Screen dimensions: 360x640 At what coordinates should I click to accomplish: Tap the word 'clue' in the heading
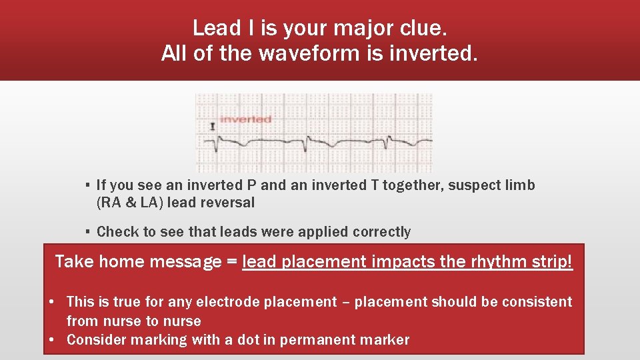[421, 28]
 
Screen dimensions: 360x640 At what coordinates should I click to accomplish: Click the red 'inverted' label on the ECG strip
[245, 119]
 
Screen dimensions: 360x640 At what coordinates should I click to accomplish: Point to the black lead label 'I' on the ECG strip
[212, 125]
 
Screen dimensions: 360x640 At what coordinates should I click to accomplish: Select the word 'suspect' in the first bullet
[474, 185]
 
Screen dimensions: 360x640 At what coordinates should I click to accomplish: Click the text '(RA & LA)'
[130, 203]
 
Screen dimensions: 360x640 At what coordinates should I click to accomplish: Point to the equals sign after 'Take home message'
[231, 262]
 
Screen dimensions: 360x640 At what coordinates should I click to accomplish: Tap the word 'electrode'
[227, 302]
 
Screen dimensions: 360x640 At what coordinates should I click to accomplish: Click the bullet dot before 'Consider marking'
[52, 340]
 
